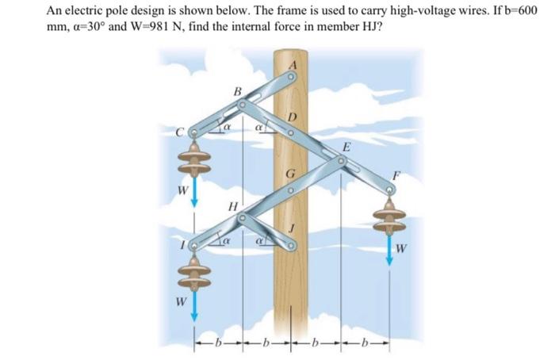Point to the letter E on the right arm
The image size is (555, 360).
pyautogui.click(x=345, y=147)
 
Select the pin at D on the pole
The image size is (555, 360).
pyautogui.click(x=290, y=133)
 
